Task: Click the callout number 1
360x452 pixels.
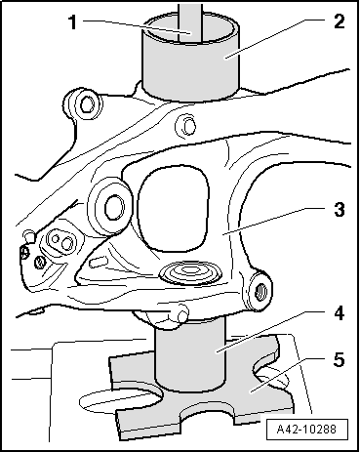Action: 74,22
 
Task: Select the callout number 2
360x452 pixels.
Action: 339,21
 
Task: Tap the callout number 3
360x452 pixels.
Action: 339,209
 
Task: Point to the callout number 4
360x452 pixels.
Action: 339,313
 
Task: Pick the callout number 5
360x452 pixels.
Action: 339,360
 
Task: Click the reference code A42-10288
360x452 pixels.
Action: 306,430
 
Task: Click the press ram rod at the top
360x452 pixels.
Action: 190,21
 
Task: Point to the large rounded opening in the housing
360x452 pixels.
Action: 173,209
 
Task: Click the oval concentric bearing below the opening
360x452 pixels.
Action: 190,271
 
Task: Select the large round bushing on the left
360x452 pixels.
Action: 109,206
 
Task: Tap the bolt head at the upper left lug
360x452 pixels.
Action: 87,104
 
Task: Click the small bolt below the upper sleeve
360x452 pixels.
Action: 185,125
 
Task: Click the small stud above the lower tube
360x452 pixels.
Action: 182,313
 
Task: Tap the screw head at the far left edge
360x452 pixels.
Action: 24,252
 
